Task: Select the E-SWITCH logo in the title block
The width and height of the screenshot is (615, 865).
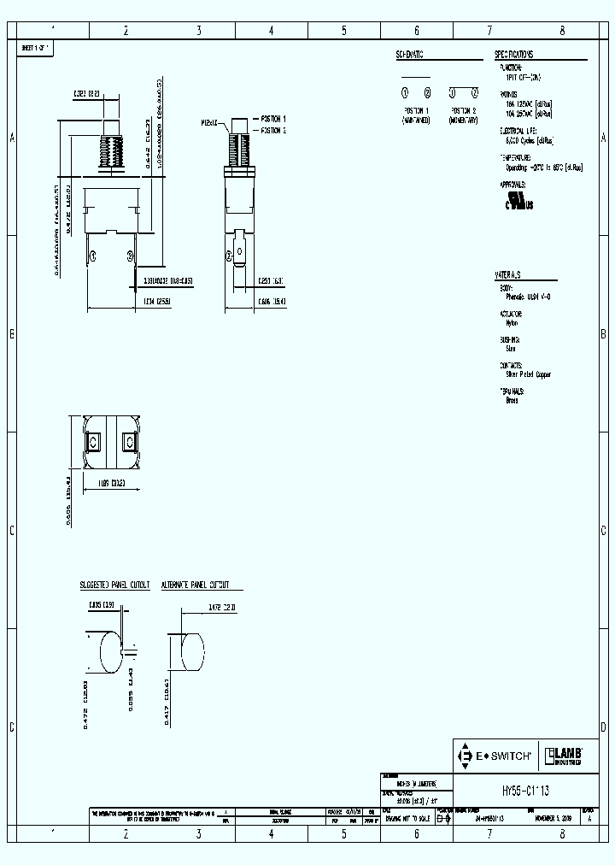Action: tap(495, 756)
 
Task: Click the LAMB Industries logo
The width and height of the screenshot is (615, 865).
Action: tap(564, 756)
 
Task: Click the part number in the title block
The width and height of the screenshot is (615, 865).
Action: tap(518, 791)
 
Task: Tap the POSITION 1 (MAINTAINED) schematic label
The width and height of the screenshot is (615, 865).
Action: tap(416, 116)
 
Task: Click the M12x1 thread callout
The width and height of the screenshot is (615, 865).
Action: tap(210, 123)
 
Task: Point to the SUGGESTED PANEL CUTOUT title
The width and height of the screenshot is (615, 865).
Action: tap(114, 585)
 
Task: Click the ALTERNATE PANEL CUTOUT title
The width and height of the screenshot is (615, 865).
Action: tap(201, 585)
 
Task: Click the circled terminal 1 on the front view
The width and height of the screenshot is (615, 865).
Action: tap(93, 256)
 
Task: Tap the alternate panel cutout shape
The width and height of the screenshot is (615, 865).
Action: tap(190, 653)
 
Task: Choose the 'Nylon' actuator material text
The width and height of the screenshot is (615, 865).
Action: tap(511, 323)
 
